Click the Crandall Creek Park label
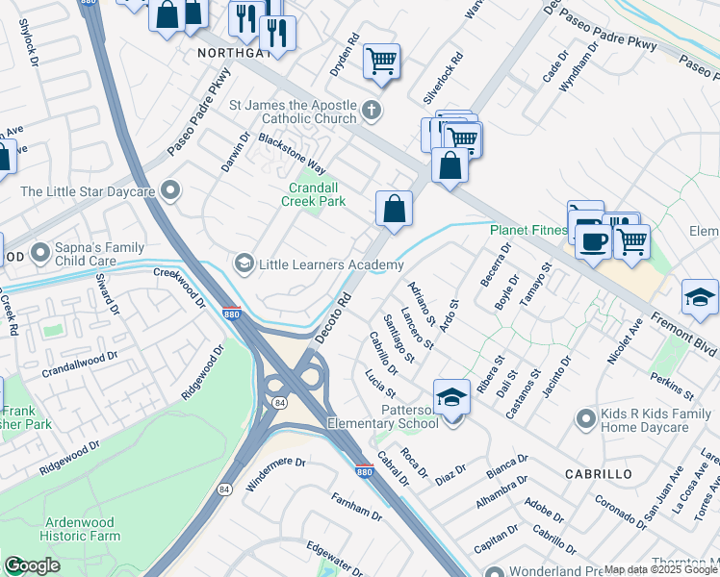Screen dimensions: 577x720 [x=313, y=195]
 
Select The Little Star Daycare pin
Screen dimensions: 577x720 [x=171, y=191]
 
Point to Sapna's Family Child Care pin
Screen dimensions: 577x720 [x=40, y=253]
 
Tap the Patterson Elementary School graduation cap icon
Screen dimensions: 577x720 [x=450, y=397]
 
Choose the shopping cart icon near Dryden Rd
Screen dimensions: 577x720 [x=382, y=61]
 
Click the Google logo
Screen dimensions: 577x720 [x=32, y=565]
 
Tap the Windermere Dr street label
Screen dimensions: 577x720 [x=275, y=474]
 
